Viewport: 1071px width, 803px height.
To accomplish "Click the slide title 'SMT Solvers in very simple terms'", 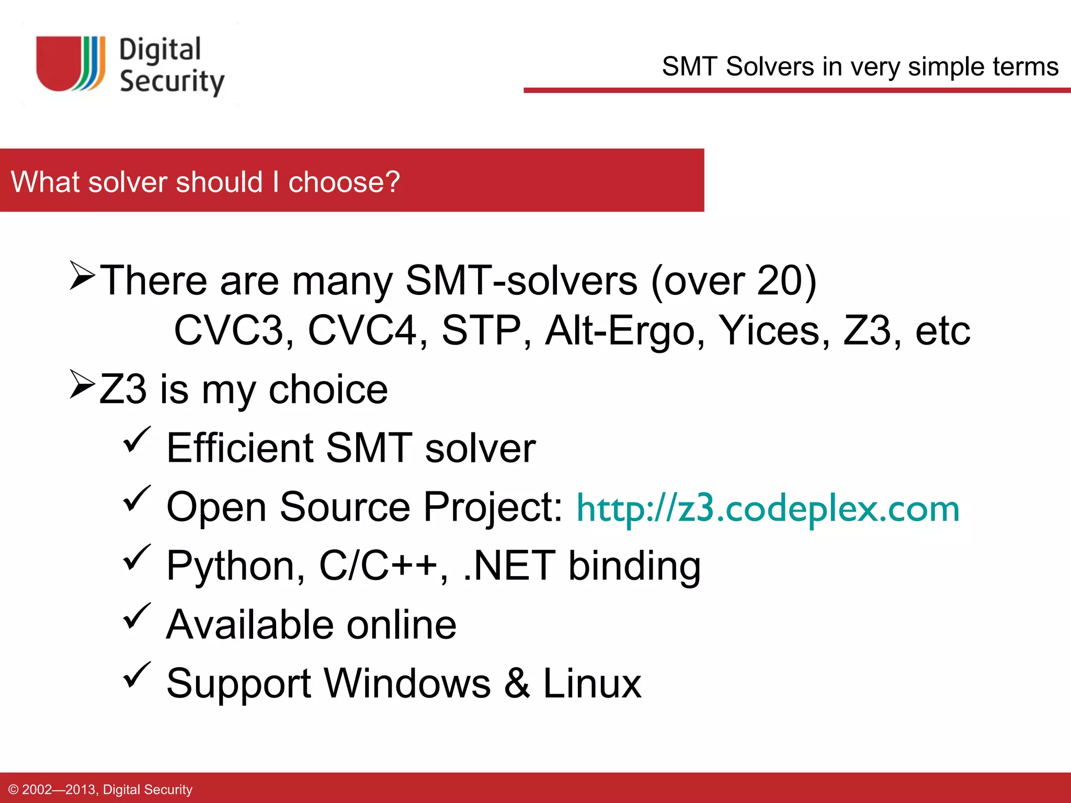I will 860,67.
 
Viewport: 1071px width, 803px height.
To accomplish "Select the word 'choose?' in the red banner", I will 344,182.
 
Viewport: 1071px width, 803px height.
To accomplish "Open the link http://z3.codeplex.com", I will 768,509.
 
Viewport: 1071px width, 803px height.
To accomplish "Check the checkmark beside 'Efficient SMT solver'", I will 137,440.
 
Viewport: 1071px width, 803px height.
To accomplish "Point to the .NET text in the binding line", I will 508,566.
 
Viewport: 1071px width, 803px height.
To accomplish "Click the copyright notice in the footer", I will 100,789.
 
